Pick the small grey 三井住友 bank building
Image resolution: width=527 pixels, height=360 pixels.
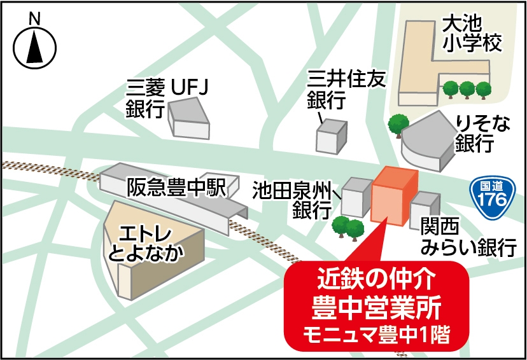pos(332,135)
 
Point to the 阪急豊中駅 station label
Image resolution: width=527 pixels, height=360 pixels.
pos(176,187)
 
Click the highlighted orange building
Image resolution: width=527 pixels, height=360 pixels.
pos(393,197)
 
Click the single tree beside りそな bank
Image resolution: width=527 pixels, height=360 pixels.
pos(398,125)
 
